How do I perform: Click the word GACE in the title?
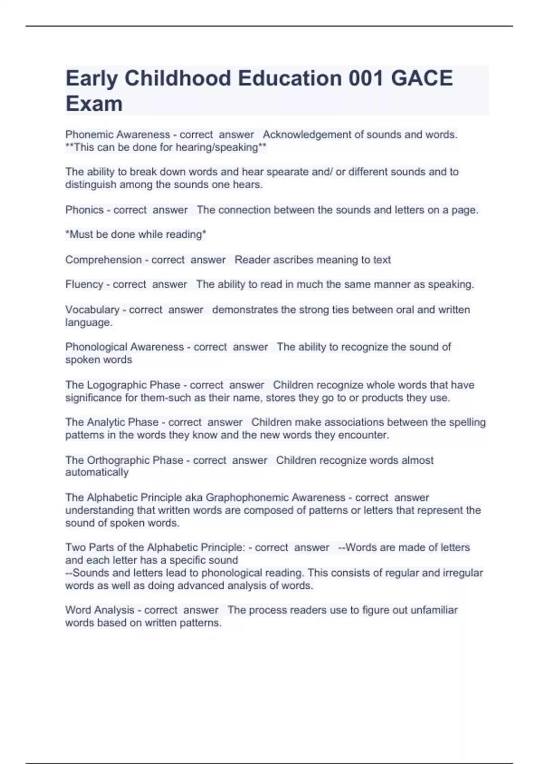coord(421,79)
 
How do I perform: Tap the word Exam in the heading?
coord(94,104)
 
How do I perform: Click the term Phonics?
coord(84,210)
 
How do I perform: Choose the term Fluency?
coord(84,284)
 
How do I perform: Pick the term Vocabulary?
coord(92,310)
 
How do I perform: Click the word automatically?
coord(97,472)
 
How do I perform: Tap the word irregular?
coord(463,573)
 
